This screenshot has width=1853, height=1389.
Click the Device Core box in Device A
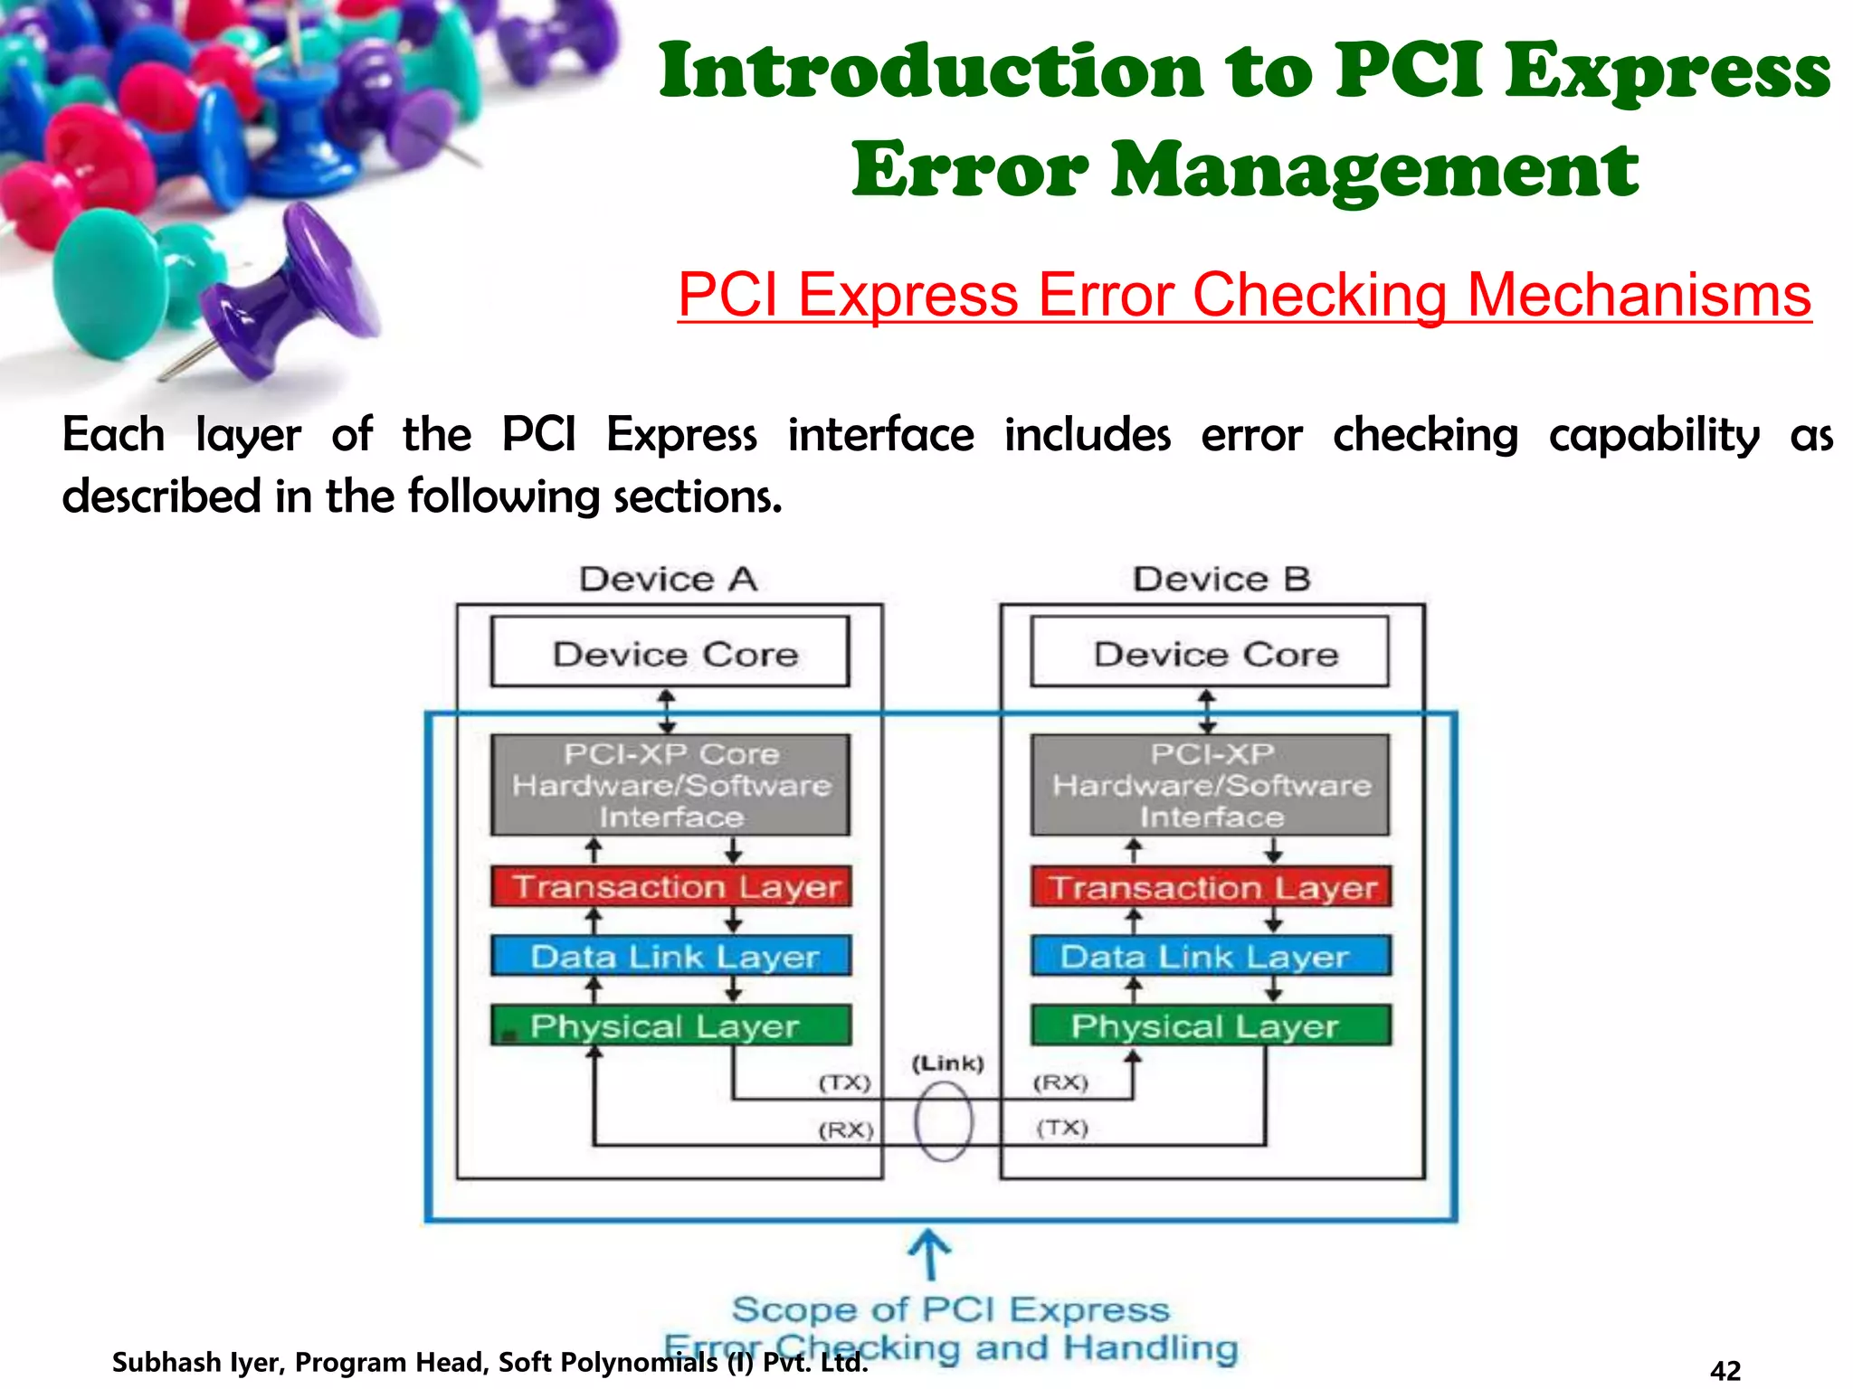(x=670, y=652)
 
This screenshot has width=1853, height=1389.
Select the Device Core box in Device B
(x=1210, y=652)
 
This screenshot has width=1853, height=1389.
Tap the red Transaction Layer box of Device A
(x=671, y=886)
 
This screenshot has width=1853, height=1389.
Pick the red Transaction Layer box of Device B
(x=1211, y=886)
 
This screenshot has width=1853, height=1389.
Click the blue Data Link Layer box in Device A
(x=671, y=956)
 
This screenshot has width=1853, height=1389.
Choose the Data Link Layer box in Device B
(x=1211, y=956)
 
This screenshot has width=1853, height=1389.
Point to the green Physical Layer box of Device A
(x=671, y=1025)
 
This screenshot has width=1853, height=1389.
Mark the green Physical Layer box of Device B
(x=1211, y=1025)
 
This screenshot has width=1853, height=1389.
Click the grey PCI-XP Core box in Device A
(x=670, y=785)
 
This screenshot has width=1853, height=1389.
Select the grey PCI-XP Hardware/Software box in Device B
(x=1211, y=785)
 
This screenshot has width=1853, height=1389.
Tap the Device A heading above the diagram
(x=669, y=579)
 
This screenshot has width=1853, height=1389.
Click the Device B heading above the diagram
(x=1221, y=579)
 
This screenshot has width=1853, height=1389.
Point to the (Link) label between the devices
(x=947, y=1063)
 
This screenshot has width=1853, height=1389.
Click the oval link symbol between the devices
(x=944, y=1122)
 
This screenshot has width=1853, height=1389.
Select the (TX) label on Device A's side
(x=844, y=1082)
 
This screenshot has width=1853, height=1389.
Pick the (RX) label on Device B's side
(x=1060, y=1082)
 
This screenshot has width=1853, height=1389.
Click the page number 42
(x=1725, y=1370)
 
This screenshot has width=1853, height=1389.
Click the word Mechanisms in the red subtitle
(x=1639, y=295)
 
